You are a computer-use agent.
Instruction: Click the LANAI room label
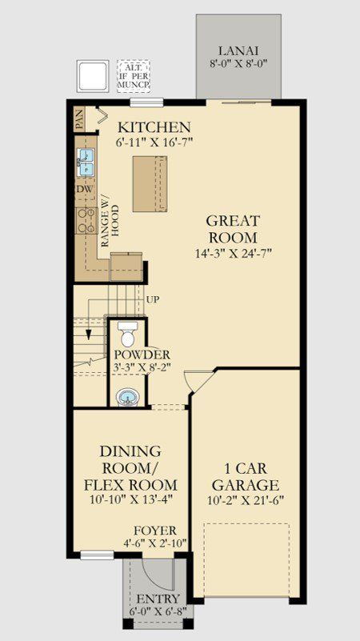coord(238,51)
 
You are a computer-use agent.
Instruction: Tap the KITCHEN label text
coord(154,127)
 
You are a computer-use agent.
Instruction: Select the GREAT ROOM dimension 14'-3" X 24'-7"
coord(234,253)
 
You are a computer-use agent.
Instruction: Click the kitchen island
coord(150,183)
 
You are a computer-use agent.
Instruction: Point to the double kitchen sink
coord(86,162)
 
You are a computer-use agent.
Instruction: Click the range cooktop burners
coord(86,221)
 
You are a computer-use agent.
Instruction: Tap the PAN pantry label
coord(80,119)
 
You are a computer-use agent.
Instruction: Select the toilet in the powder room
coord(128,334)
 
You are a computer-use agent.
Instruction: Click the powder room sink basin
coord(128,397)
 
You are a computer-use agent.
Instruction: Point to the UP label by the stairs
coord(153,299)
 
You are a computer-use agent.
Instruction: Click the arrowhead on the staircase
coord(88,335)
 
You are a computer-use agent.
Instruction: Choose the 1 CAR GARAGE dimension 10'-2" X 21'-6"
coord(245,500)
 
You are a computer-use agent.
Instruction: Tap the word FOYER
coord(155,531)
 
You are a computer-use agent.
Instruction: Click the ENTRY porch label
coord(158,599)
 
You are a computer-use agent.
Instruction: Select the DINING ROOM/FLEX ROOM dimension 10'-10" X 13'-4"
coord(130,499)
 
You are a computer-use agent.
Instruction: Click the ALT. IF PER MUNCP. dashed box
coord(134,75)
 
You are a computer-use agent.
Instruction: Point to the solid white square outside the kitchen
coord(93,76)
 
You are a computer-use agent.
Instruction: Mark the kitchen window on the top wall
coord(146,102)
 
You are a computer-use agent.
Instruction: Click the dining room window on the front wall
coord(97,555)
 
